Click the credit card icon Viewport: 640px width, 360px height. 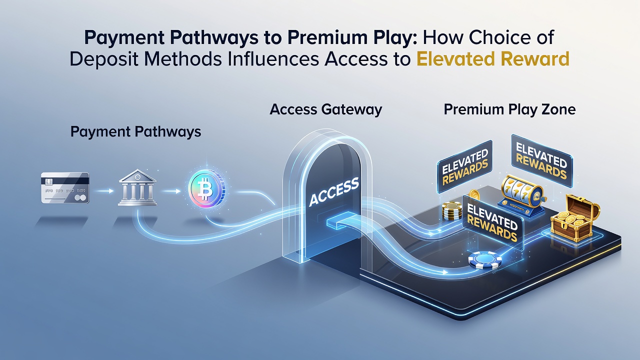[65, 187]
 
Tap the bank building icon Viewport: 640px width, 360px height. [137, 187]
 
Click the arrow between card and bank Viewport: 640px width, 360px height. [103, 191]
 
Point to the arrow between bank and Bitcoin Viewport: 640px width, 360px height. [171, 191]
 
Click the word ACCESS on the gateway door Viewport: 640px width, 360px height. [334, 191]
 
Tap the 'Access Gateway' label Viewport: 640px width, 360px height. [325, 109]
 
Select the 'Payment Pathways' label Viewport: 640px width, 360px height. [135, 131]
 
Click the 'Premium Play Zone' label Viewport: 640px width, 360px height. [509, 109]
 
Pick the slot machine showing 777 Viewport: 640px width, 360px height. [521, 194]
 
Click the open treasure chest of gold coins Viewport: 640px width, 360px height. [575, 218]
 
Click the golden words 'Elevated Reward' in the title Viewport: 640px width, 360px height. [493, 59]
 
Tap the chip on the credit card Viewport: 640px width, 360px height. [48, 181]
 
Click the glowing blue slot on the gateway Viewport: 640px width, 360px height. [341, 221]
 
